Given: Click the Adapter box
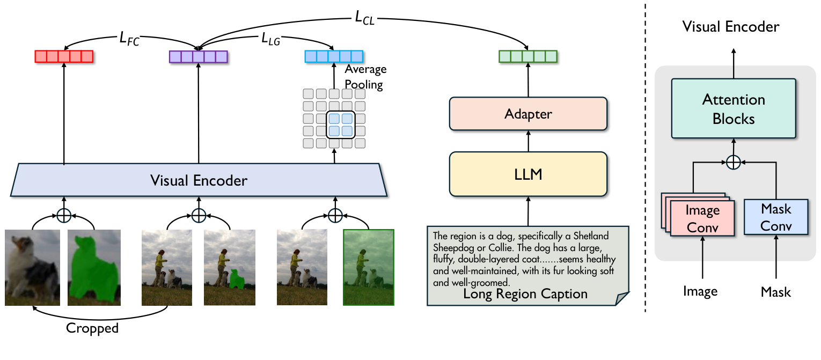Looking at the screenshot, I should pyautogui.click(x=528, y=114).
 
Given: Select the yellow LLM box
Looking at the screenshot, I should pyautogui.click(x=528, y=174).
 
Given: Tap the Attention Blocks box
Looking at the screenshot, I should pyautogui.click(x=734, y=109).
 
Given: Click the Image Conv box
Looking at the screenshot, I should pyautogui.click(x=702, y=218).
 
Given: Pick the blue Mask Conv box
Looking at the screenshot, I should pyautogui.click(x=776, y=217).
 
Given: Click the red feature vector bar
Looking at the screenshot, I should pyautogui.click(x=64, y=56).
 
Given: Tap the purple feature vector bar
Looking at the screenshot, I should pyautogui.click(x=199, y=56).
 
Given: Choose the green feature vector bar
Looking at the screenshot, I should pyautogui.click(x=528, y=56).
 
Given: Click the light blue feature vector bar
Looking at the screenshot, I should pyautogui.click(x=334, y=56).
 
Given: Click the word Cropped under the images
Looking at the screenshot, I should pyautogui.click(x=92, y=328).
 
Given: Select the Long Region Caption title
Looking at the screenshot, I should pyautogui.click(x=525, y=294).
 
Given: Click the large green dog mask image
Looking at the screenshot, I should pyautogui.click(x=93, y=267).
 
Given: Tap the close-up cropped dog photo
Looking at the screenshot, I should pyautogui.click(x=32, y=267).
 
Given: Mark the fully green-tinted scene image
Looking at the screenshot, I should pyautogui.click(x=368, y=267).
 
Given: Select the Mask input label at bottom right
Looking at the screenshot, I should pyautogui.click(x=776, y=292).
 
